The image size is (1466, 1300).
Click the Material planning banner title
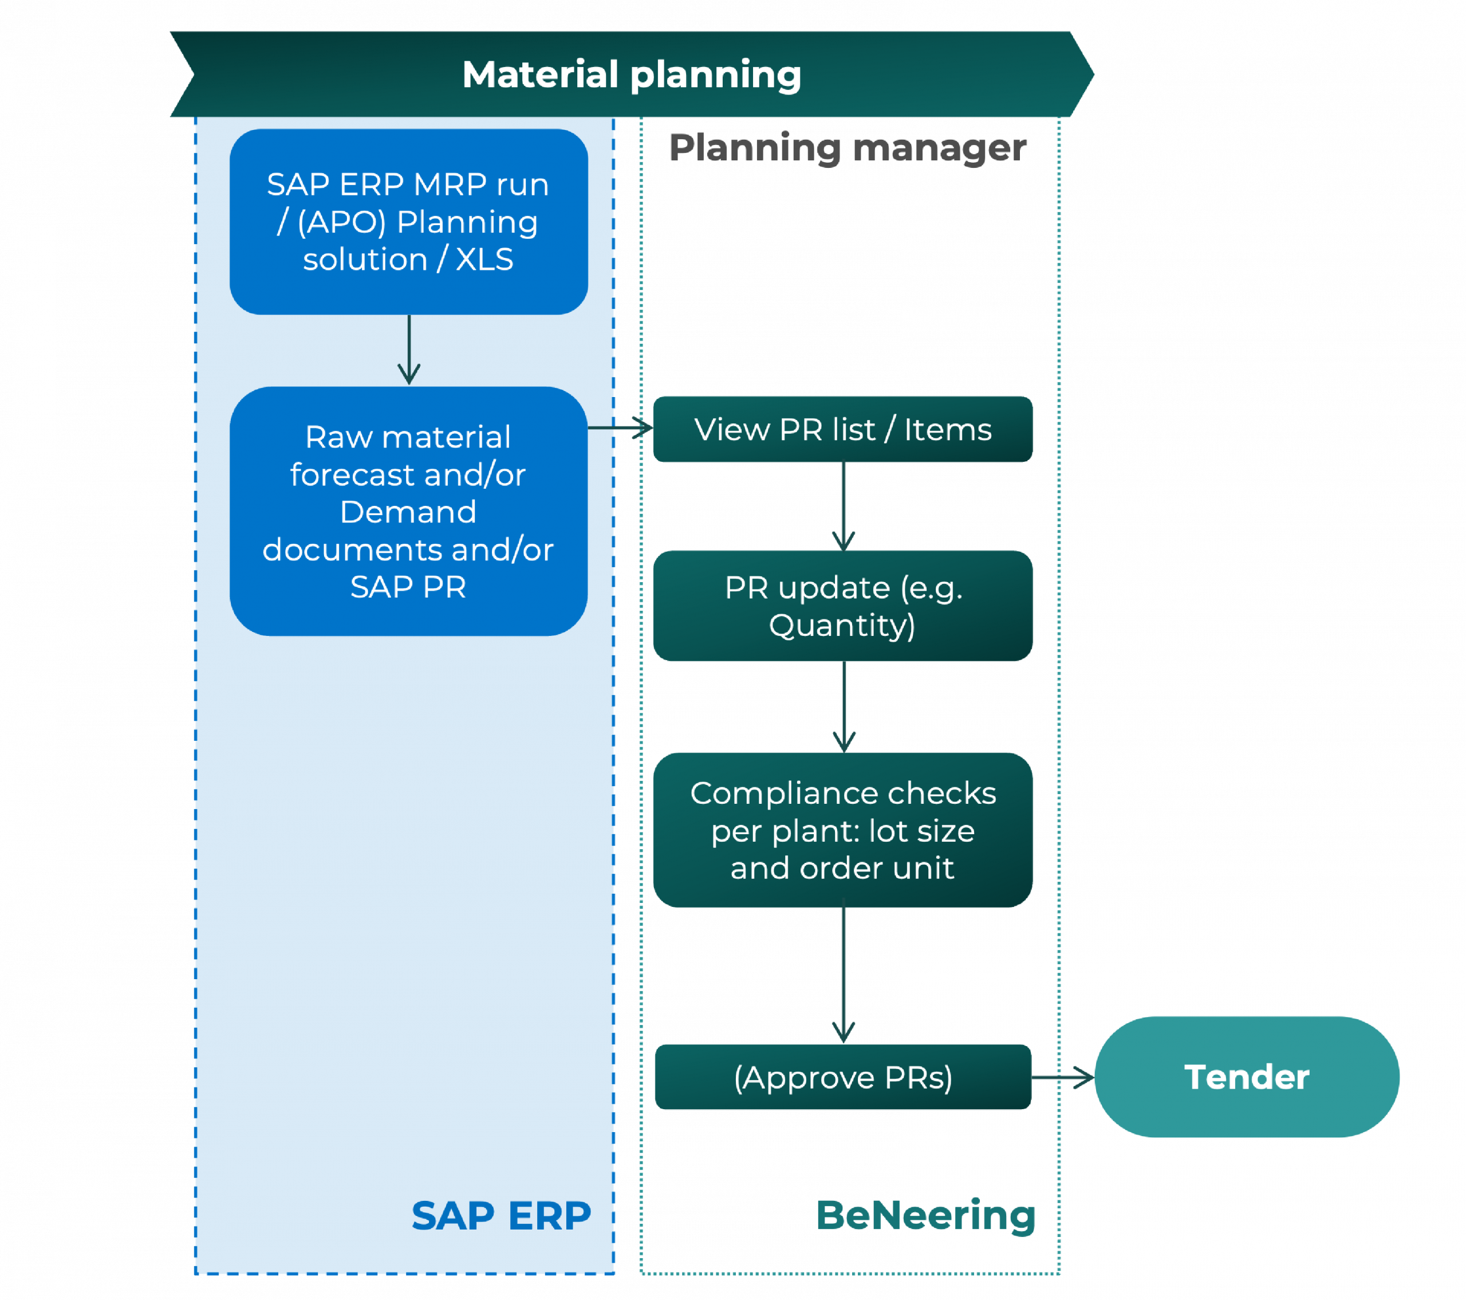click(x=631, y=74)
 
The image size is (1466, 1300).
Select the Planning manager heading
click(x=847, y=148)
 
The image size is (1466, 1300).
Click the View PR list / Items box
click(x=843, y=429)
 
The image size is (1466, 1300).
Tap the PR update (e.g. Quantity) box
click(x=843, y=606)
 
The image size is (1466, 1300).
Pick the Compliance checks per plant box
click(x=843, y=830)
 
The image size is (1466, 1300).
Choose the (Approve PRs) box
click(x=843, y=1077)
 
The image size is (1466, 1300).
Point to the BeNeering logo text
click(x=925, y=1215)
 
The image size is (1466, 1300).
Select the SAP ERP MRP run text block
click(x=408, y=222)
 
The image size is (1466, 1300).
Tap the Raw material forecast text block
click(x=408, y=512)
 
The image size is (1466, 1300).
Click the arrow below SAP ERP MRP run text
click(x=409, y=349)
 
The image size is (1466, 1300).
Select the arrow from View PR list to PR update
click(x=844, y=506)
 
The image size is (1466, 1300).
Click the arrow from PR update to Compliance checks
click(x=844, y=706)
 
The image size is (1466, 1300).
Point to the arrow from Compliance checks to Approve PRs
click(x=844, y=976)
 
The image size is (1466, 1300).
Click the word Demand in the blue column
click(x=408, y=512)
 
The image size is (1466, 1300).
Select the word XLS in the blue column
click(x=485, y=259)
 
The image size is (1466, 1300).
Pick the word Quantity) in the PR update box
click(x=842, y=625)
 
